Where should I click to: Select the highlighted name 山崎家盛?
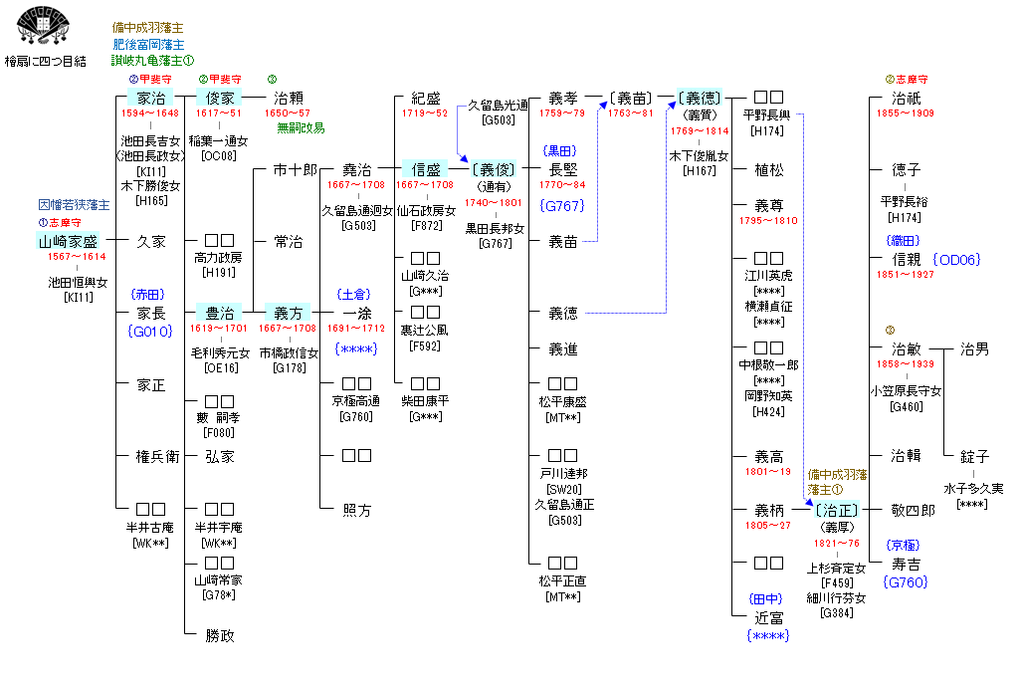tap(69, 241)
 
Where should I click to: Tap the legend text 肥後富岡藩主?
tap(148, 44)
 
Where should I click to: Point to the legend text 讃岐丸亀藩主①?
tap(152, 60)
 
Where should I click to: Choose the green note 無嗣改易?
tap(301, 127)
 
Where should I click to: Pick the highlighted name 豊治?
tap(219, 312)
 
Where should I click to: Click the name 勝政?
tap(220, 633)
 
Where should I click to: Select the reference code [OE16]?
tap(219, 367)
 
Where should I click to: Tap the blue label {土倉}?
tap(355, 294)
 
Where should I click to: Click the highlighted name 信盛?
tap(426, 170)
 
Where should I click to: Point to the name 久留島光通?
tap(499, 104)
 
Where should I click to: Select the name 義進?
tap(563, 349)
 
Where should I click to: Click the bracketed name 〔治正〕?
tap(836, 510)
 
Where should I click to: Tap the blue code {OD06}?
tap(955, 259)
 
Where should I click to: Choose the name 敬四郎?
tap(913, 510)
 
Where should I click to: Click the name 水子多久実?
tap(974, 489)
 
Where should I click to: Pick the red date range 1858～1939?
tap(906, 364)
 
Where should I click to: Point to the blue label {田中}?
tap(768, 598)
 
